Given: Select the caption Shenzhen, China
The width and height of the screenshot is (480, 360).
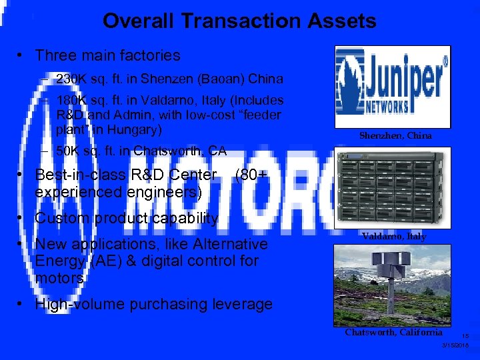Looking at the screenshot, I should [x=395, y=135].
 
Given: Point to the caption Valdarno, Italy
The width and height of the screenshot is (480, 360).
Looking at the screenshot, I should [x=394, y=237].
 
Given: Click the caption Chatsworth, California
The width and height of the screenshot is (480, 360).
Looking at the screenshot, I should [x=393, y=332].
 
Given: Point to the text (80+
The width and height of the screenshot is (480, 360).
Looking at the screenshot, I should [x=252, y=176].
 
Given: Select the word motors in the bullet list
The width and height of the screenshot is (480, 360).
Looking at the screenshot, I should [x=59, y=277].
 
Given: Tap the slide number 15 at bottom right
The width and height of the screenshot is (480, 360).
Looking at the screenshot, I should [x=465, y=337].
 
